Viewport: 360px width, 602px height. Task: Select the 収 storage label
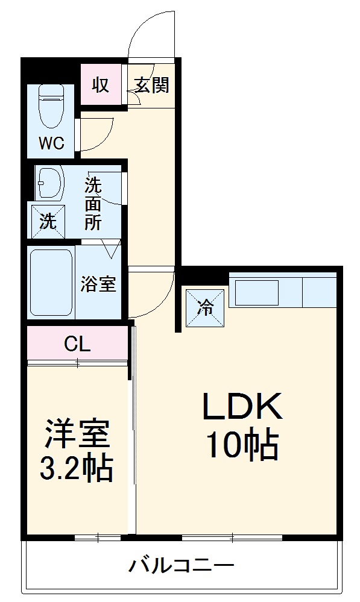tap(100, 85)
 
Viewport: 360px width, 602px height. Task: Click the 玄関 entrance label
tap(151, 85)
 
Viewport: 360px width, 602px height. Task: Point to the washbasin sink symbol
tap(50, 182)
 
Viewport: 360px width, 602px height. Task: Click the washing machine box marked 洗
tap(48, 221)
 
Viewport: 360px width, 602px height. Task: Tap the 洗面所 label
tap(93, 203)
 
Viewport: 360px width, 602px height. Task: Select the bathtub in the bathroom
tap(51, 282)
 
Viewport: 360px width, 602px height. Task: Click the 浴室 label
tap(98, 284)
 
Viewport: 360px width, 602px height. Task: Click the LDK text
tap(241, 408)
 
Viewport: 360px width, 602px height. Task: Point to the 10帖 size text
tap(242, 445)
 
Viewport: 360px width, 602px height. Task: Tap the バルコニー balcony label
tap(181, 566)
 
